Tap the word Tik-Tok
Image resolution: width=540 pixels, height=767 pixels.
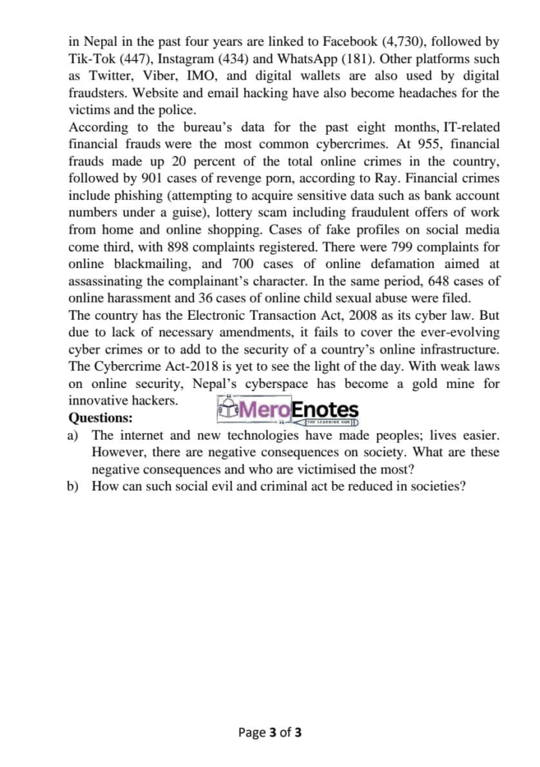(x=91, y=58)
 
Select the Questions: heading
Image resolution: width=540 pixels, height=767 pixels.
(x=100, y=418)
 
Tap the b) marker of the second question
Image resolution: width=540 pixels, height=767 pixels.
(x=73, y=486)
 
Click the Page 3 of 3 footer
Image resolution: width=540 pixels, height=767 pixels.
(x=270, y=733)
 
